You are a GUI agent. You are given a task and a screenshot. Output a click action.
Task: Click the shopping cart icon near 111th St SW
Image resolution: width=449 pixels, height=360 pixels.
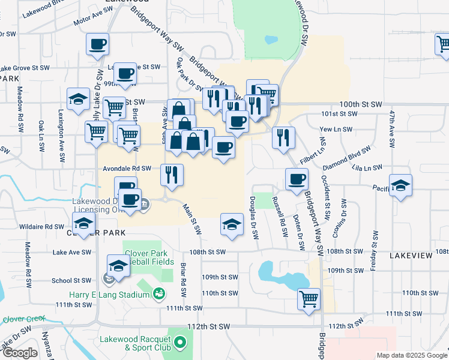tap(309, 298)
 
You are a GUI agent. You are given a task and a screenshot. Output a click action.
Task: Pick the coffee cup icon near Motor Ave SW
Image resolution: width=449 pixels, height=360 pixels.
tap(97, 44)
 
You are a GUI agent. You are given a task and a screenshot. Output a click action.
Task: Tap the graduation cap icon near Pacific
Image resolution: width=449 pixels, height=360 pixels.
tap(400, 185)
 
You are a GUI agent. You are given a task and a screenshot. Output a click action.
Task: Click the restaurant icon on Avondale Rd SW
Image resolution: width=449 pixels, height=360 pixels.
tap(172, 175)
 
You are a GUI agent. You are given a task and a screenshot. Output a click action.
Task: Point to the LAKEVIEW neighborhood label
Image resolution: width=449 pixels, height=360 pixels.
tap(411, 256)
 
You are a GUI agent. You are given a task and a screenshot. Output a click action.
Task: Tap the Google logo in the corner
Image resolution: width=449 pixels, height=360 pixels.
tap(20, 353)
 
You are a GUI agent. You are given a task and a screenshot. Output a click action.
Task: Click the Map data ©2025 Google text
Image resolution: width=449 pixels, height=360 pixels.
tap(412, 355)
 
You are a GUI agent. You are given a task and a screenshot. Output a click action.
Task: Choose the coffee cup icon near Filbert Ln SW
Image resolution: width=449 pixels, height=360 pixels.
tap(296, 179)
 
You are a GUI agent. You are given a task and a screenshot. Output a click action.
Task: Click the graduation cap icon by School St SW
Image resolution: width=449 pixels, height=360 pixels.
tap(118, 265)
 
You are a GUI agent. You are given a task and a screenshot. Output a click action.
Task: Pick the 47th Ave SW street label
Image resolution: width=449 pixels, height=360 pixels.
tap(391, 129)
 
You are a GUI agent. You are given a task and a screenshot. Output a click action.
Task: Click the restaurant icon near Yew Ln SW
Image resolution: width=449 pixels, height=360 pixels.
tap(283, 136)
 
